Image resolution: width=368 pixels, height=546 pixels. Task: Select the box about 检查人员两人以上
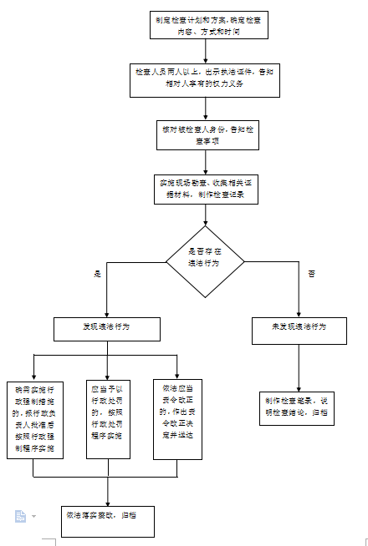204,78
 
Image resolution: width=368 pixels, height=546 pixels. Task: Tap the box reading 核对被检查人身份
204,134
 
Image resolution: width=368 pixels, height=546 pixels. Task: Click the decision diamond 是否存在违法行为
205,261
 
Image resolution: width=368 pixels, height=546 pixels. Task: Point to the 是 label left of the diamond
97,274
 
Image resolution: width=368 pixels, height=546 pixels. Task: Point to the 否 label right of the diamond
311,274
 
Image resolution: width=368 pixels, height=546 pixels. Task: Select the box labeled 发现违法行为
105,328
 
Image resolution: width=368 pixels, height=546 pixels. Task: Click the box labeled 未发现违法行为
299,327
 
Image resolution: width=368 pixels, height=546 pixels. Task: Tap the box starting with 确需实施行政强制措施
33,419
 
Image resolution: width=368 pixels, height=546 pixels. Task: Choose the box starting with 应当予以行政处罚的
108,418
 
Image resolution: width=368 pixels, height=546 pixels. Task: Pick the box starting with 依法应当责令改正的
178,418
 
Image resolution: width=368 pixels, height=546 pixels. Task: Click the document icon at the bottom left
20,516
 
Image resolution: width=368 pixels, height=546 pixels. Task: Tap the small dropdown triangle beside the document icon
34,517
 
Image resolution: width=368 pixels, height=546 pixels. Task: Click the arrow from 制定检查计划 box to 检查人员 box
204,52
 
